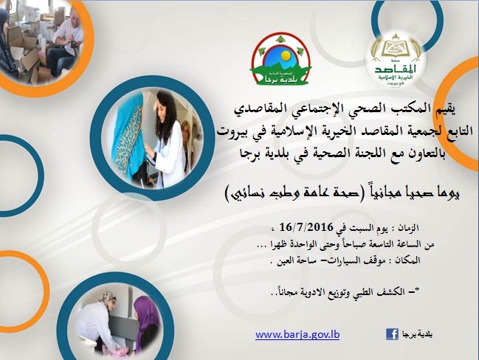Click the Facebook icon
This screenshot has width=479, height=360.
point(392,334)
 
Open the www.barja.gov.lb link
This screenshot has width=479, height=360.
point(297,335)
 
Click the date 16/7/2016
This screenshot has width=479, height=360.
point(306,227)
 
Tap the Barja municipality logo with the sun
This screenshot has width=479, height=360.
point(280,60)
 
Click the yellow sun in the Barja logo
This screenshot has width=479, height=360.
point(285,55)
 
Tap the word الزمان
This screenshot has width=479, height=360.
point(408,228)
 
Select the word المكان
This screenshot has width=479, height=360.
point(409,260)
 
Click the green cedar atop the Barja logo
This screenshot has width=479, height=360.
point(280,39)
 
